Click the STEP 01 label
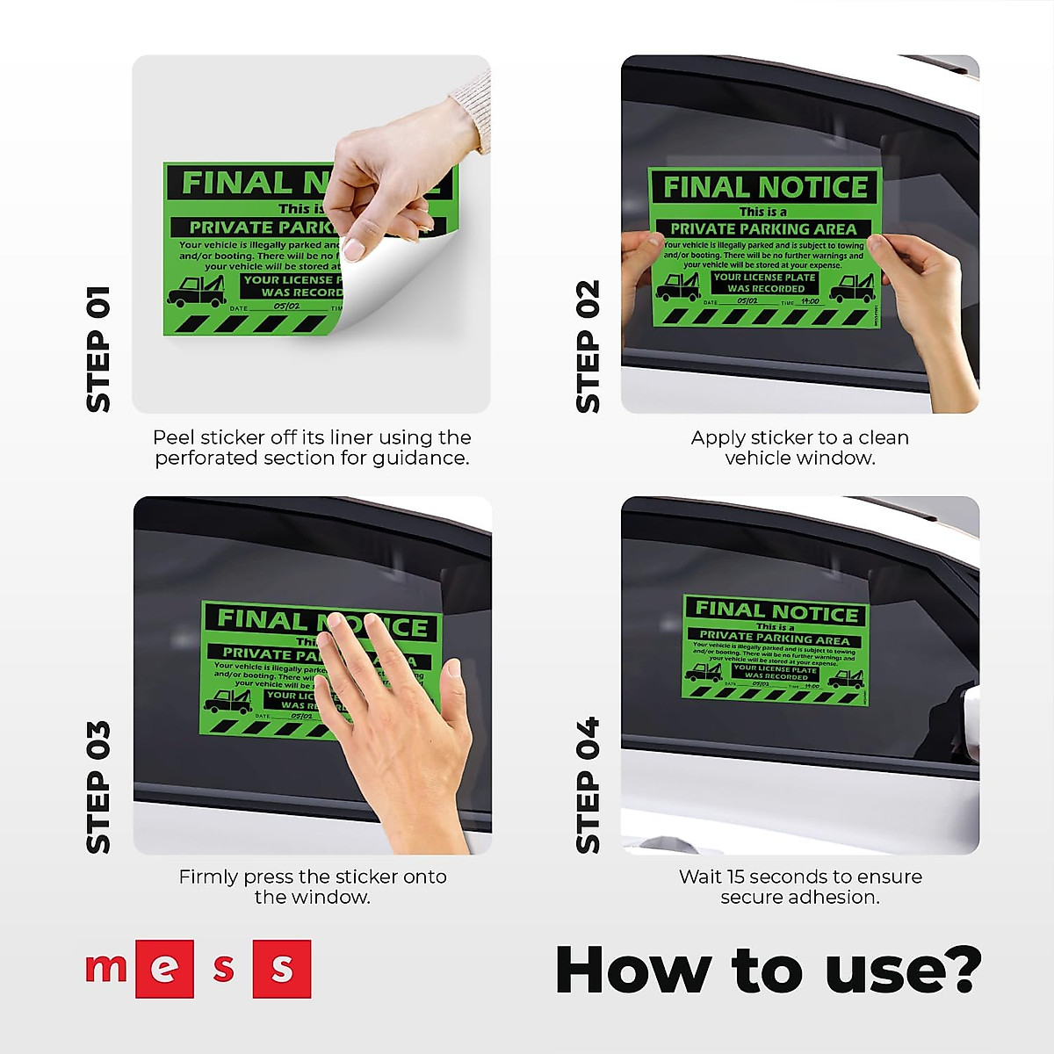(x=98, y=349)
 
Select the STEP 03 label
(x=98, y=786)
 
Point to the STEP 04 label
(x=588, y=784)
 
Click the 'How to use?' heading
(x=768, y=970)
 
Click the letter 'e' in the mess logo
(x=164, y=969)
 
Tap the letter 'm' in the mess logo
(x=105, y=967)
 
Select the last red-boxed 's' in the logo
(x=282, y=969)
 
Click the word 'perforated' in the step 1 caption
(x=199, y=458)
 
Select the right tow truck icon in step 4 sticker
(x=846, y=678)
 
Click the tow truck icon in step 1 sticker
(x=196, y=291)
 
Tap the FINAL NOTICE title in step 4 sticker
(x=776, y=610)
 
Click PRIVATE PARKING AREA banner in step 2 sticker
(x=762, y=228)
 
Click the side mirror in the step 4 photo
(x=970, y=720)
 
